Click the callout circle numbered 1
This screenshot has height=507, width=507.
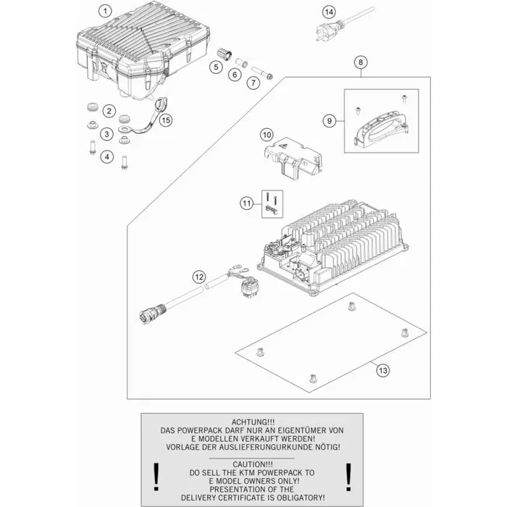coord(105,12)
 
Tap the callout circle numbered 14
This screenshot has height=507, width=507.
coord(329,12)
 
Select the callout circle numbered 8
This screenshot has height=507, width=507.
coord(361,62)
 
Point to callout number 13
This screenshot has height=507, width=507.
coord(383,370)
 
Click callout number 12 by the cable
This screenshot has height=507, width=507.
coord(199,277)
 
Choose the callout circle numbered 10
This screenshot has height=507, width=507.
coord(267,135)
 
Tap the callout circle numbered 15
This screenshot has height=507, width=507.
coord(166,120)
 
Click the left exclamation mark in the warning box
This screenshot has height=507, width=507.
coord(156,477)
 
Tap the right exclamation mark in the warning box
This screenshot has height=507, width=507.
coord(348,477)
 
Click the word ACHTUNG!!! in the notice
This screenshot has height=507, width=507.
coord(253,422)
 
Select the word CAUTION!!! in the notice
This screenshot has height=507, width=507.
coord(253,464)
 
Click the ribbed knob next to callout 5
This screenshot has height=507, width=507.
coord(224,54)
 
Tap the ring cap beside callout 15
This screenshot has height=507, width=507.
coord(160,104)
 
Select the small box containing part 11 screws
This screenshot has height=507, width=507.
coord(272,204)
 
